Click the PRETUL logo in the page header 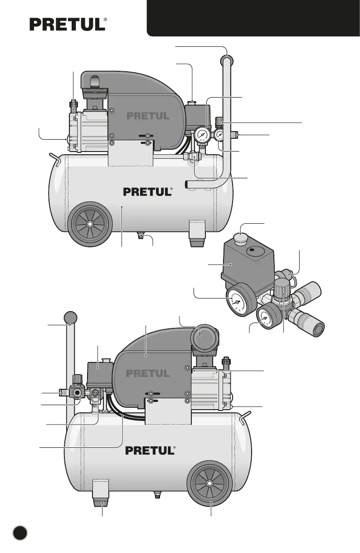tap(68, 24)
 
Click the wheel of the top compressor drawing tap(90, 224)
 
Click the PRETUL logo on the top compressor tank tap(148, 192)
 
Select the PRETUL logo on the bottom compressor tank tap(150, 451)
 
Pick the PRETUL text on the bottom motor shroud tap(148, 374)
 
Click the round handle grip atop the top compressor tap(228, 60)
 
